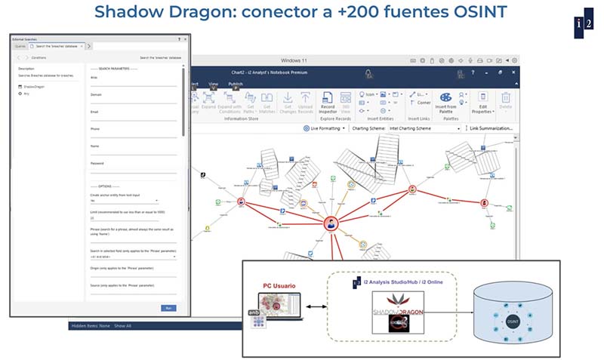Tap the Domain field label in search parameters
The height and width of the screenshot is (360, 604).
(96, 94)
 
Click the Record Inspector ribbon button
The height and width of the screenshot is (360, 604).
(328, 102)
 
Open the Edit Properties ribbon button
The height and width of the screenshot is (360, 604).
(482, 103)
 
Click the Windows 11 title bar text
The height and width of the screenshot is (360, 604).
(301, 60)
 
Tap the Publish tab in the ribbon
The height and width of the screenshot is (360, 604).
(236, 85)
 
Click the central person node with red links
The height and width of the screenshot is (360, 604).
(330, 223)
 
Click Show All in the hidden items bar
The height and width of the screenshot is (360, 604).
(122, 326)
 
